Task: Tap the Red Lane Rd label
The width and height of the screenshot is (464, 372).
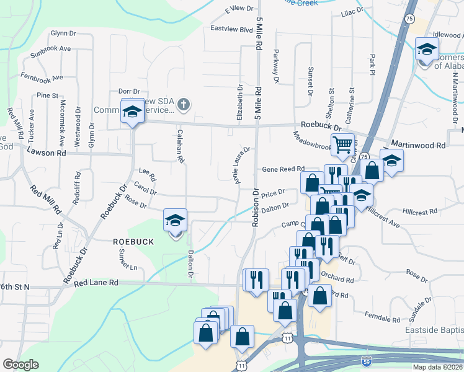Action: pyautogui.click(x=96, y=283)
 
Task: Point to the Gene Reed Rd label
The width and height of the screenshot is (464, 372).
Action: pyautogui.click(x=283, y=169)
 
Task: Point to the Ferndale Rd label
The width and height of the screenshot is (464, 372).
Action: pyautogui.click(x=382, y=318)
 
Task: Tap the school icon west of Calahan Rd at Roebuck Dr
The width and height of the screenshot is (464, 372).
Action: pyautogui.click(x=132, y=112)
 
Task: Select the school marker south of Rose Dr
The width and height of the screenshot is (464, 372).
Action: pyautogui.click(x=175, y=220)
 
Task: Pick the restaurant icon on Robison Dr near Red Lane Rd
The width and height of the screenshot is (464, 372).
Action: pyautogui.click(x=256, y=280)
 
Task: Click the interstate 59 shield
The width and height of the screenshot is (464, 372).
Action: pyautogui.click(x=367, y=359)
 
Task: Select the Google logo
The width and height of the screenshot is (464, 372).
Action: pyautogui.click(x=20, y=365)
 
